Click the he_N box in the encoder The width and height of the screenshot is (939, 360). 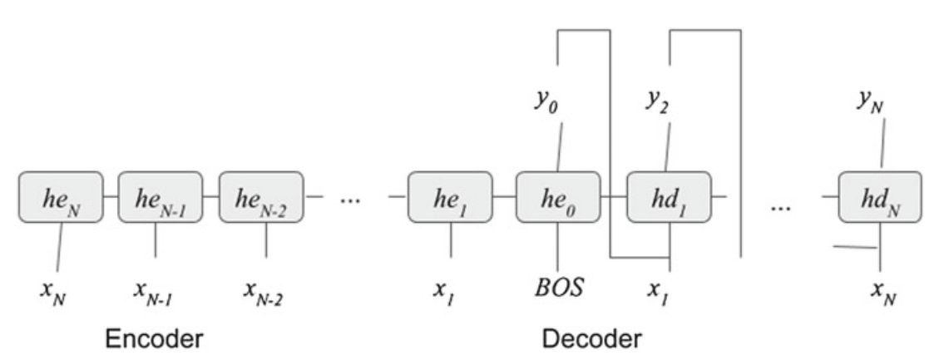[x=61, y=198]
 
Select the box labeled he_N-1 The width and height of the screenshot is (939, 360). [x=160, y=198]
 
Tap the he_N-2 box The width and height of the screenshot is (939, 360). [x=259, y=198]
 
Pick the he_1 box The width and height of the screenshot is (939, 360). [x=449, y=198]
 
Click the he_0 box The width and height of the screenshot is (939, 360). [x=557, y=198]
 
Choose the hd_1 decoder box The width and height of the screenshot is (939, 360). [x=667, y=198]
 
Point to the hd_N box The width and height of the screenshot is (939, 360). [x=879, y=198]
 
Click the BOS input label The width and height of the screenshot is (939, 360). [x=558, y=289]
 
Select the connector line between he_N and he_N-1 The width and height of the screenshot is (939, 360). [x=111, y=198]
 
